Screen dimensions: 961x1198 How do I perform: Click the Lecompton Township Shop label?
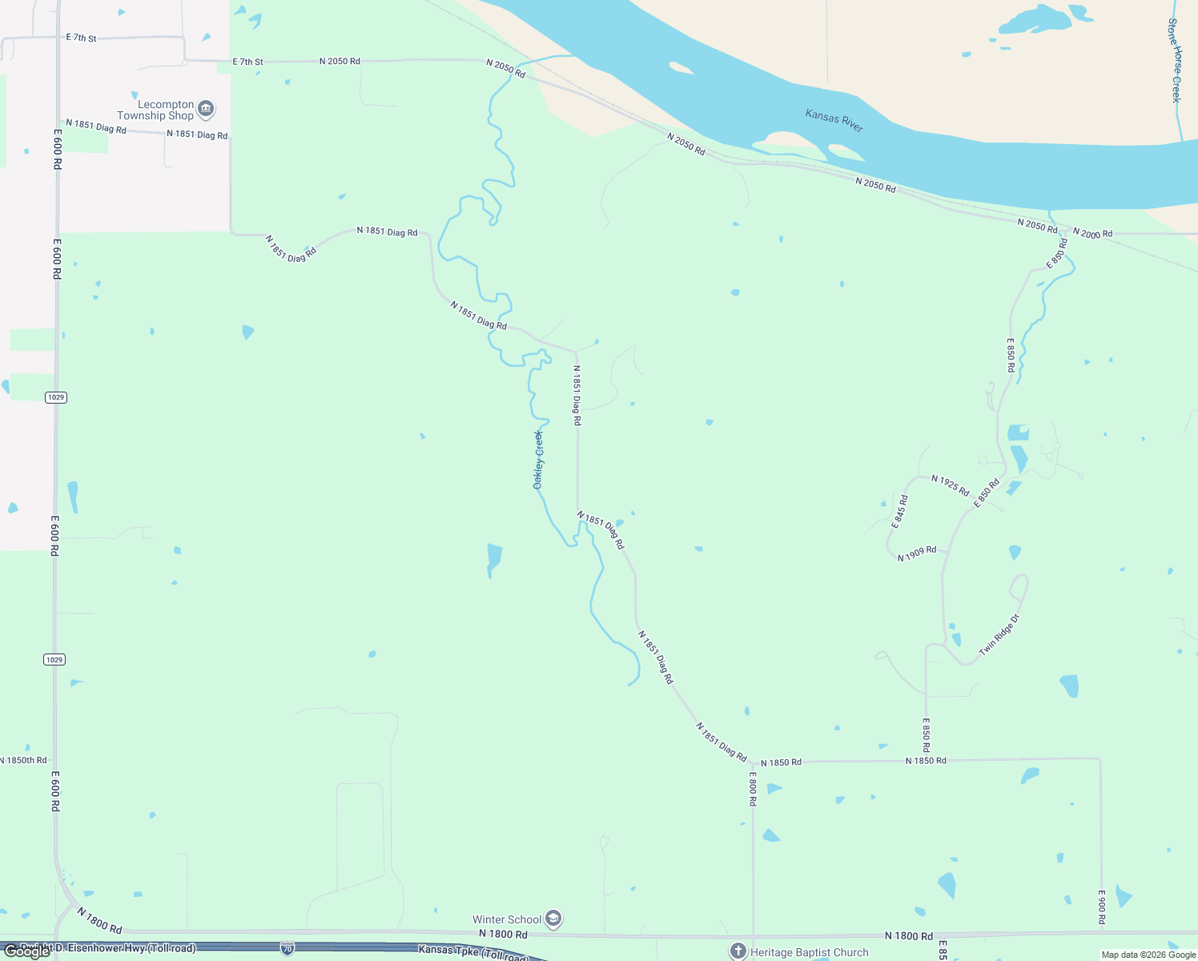(155, 111)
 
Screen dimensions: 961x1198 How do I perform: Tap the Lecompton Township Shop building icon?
(206, 108)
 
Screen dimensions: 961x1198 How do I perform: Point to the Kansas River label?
(834, 121)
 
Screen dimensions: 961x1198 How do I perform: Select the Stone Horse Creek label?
(1175, 61)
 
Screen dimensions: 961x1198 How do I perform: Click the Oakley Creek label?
(538, 460)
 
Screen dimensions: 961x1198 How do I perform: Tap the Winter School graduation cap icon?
(553, 919)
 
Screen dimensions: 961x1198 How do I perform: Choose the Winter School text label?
(507, 920)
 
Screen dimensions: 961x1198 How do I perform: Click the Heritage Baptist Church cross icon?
(738, 951)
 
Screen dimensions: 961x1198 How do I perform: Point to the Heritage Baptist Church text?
(809, 953)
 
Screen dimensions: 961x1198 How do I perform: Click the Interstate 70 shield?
(287, 949)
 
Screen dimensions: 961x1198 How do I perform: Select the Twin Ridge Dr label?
(999, 635)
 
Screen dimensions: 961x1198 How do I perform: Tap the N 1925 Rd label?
(950, 485)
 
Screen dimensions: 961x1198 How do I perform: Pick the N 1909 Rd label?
(917, 554)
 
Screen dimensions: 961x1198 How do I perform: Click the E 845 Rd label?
(900, 512)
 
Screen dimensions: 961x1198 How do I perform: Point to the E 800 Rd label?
(753, 788)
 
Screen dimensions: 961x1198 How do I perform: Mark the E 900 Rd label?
(1101, 907)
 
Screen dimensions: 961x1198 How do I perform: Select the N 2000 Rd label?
(1092, 233)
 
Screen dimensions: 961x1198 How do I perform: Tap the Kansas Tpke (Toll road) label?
(474, 952)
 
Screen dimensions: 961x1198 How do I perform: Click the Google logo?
(26, 951)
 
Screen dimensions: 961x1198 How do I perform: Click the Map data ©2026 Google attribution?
(1148, 955)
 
